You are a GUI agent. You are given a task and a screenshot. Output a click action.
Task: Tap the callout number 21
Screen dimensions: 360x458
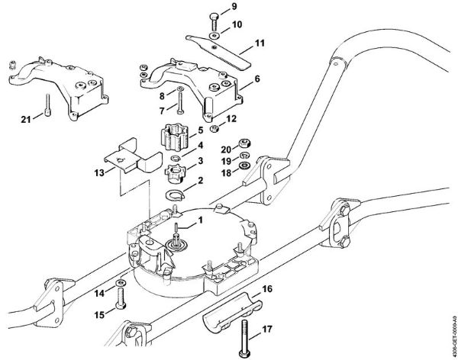tap(26, 118)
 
